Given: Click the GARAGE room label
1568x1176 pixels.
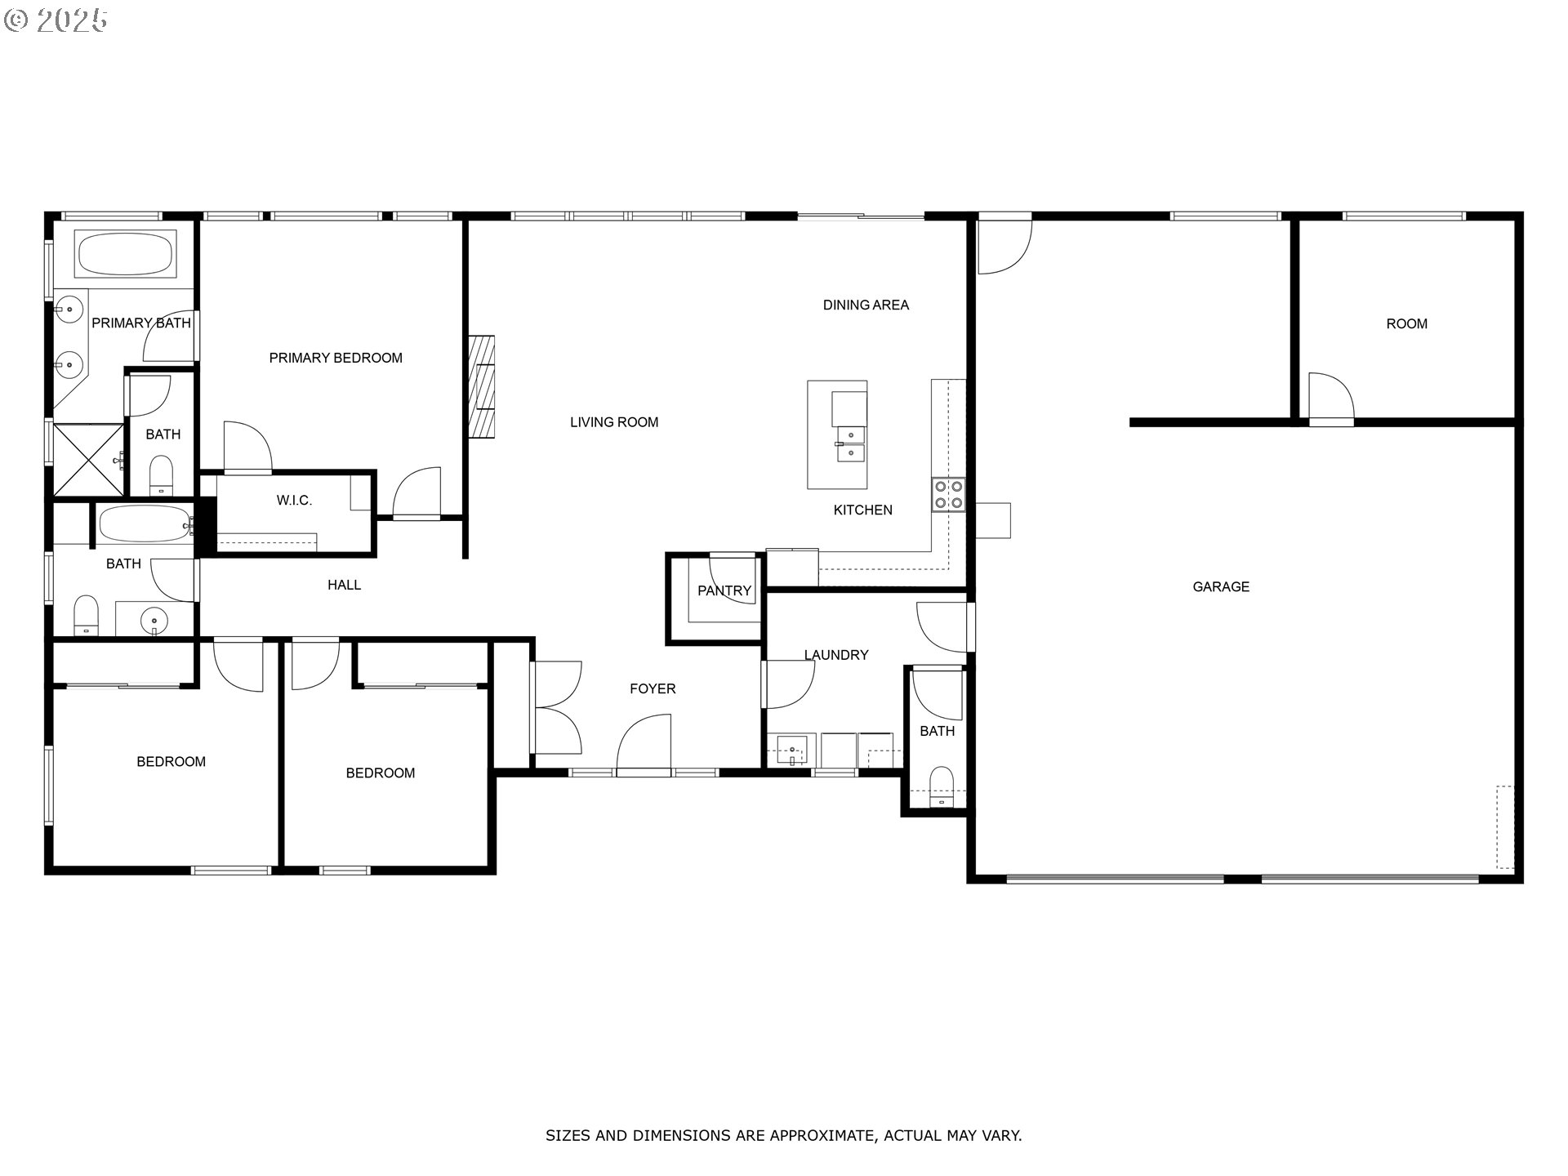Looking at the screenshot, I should tap(1220, 586).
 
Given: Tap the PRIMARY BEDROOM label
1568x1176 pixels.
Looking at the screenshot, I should tap(336, 358).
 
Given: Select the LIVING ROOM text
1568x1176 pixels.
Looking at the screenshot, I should tap(614, 422).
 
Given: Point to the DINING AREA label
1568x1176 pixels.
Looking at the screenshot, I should tap(866, 305).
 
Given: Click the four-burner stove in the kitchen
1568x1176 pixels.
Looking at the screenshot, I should tap(948, 494).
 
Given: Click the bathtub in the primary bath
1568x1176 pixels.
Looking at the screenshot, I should tap(124, 254).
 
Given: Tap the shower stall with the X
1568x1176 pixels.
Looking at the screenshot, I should tap(88, 459).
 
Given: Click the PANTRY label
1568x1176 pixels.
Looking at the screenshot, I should tap(724, 590).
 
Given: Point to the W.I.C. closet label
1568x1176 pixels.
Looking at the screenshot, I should tap(294, 501).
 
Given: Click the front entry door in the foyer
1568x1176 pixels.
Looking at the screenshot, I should tap(644, 745).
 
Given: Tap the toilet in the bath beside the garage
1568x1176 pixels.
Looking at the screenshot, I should tap(942, 786).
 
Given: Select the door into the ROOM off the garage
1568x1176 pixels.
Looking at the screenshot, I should tap(1330, 399).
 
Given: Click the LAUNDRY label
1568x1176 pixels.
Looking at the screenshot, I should tap(836, 655).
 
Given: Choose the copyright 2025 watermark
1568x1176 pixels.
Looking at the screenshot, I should tap(56, 20).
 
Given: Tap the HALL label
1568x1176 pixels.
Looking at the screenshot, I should tap(344, 585).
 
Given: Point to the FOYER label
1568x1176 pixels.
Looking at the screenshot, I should tap(653, 688).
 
